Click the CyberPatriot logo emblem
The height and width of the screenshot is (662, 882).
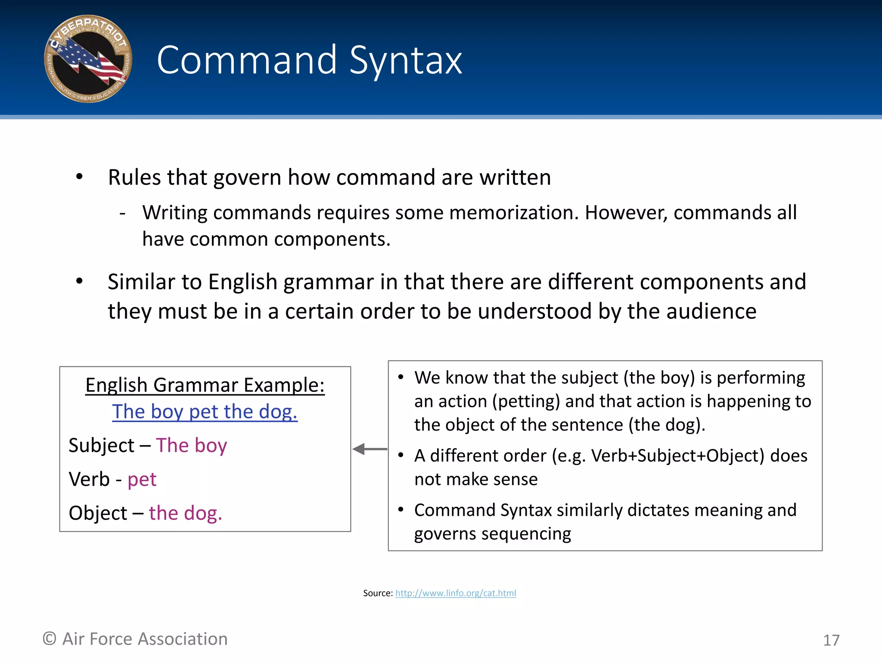[88, 59]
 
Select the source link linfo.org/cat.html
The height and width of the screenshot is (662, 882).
[456, 593]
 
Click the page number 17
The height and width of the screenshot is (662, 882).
[831, 640]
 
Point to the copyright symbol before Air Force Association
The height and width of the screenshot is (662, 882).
[50, 639]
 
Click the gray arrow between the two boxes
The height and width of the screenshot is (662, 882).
[370, 449]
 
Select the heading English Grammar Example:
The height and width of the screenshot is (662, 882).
[205, 385]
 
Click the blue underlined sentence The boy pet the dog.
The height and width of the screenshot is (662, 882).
[205, 412]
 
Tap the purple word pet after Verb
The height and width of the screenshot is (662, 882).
[142, 480]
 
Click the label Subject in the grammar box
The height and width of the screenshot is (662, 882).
[102, 446]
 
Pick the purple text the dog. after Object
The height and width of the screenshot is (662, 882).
[186, 513]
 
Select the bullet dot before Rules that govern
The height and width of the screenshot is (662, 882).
[79, 177]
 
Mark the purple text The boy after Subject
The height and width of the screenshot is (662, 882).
[191, 446]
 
